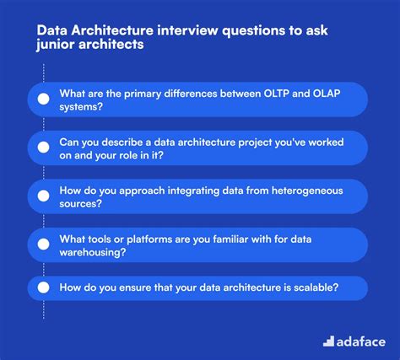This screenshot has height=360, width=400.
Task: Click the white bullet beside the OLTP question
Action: tap(43, 99)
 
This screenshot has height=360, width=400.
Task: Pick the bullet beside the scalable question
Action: tap(43, 287)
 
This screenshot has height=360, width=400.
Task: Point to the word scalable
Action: tap(311, 287)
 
